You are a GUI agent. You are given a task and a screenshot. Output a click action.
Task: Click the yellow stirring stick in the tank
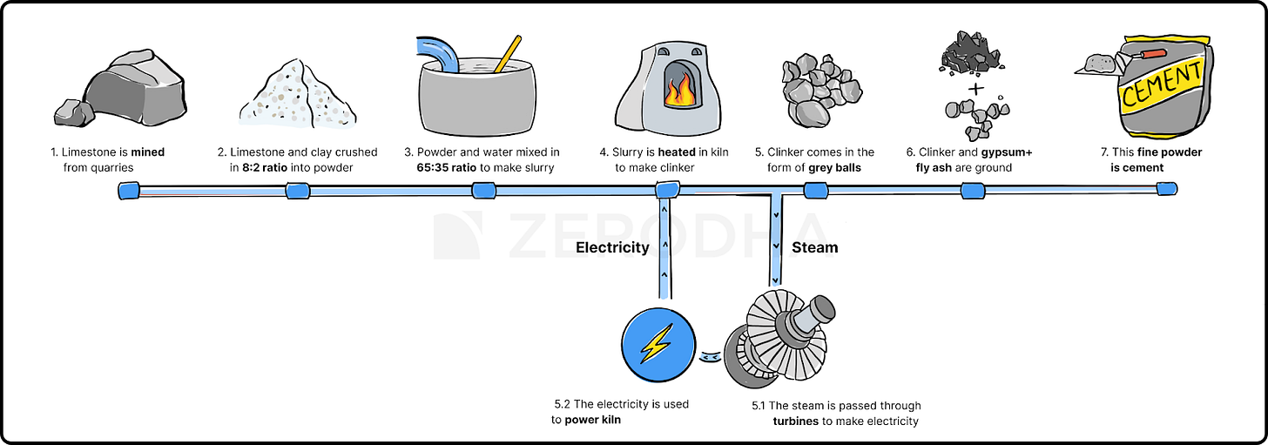click(507, 54)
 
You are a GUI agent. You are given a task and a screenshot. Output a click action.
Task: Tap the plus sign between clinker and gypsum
click(977, 89)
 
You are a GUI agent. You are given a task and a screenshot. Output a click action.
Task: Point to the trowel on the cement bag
click(1100, 64)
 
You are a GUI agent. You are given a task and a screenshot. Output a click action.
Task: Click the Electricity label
click(612, 247)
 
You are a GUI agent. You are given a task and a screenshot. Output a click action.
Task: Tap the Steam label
click(814, 247)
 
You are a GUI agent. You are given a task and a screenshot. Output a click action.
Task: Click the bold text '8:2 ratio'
click(270, 167)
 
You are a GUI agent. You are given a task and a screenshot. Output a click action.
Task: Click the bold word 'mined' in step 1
click(147, 152)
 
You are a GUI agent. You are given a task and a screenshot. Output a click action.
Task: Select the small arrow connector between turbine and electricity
click(711, 356)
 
